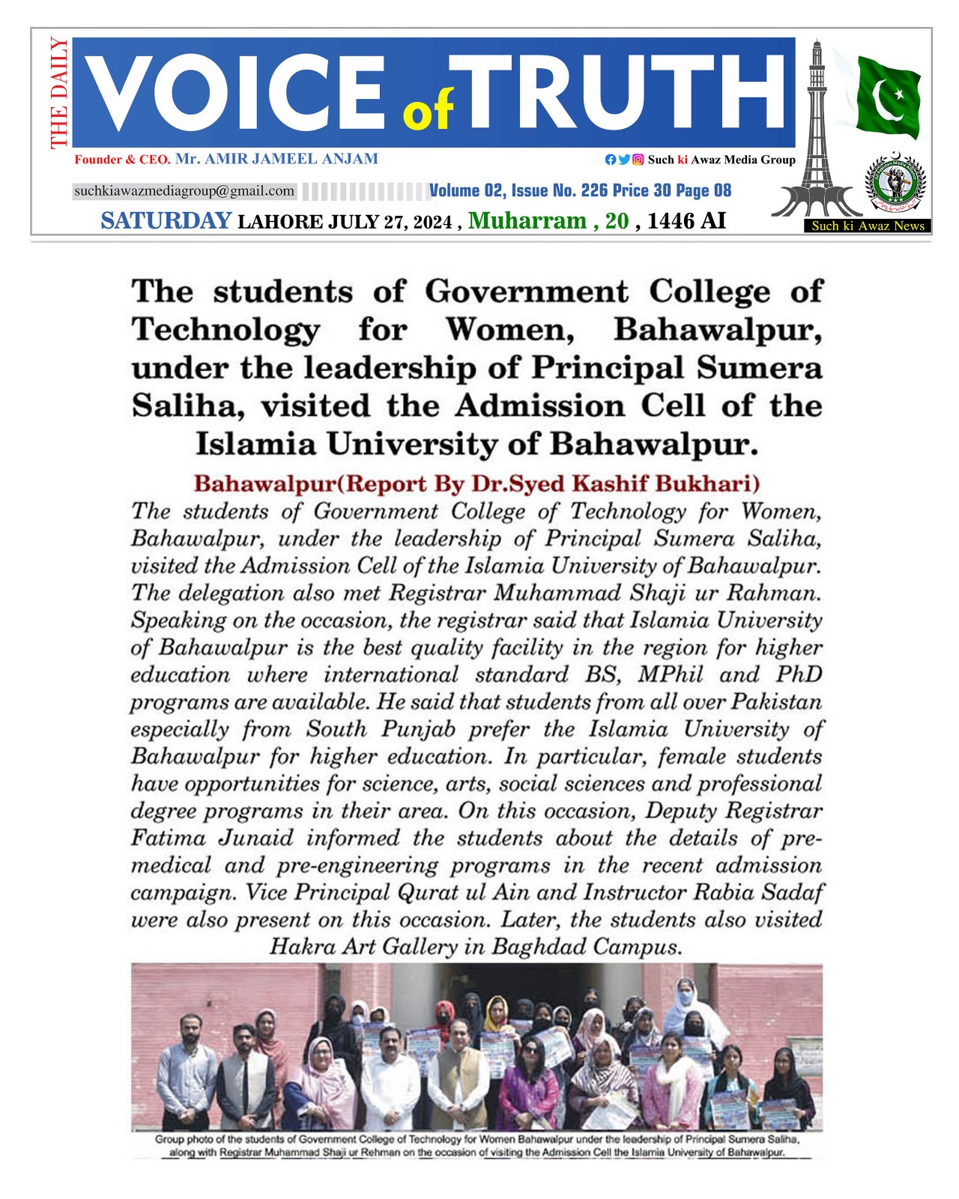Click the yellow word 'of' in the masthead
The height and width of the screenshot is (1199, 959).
428,110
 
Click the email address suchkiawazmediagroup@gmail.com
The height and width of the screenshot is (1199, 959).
184,191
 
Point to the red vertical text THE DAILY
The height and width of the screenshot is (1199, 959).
58,93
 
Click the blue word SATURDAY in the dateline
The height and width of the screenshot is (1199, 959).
166,221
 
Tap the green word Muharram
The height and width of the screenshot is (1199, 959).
527,221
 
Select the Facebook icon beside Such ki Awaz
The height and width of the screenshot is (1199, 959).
611,160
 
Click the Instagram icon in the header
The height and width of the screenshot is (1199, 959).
638,160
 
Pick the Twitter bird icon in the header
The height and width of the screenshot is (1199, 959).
624,160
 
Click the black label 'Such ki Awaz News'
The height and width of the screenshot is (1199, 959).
868,226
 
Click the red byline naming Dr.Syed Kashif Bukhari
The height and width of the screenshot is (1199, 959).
477,483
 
